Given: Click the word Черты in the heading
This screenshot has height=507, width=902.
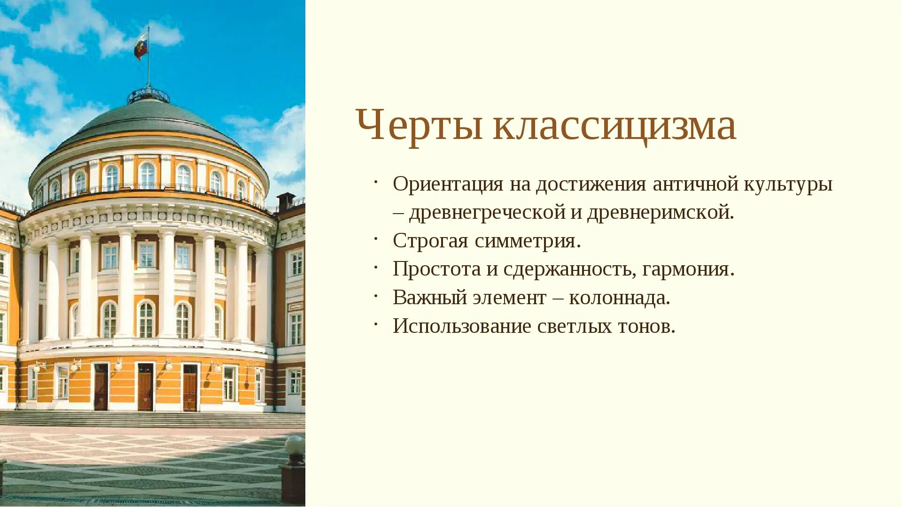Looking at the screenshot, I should pos(419,125).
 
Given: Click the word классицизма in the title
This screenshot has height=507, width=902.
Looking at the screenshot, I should pos(614,125).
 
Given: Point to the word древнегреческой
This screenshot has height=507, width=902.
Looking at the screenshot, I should pos(487,213).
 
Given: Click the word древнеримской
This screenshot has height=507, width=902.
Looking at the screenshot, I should pos(660,213).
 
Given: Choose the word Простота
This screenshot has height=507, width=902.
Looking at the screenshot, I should pos(436,269).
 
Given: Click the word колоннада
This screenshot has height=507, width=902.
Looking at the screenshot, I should pos(619,298).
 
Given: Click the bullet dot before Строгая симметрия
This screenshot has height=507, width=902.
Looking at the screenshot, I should pos(376,239).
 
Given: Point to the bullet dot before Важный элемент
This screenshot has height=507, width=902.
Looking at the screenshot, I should pos(376,296).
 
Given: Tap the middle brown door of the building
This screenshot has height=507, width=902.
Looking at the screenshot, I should pos(145,387).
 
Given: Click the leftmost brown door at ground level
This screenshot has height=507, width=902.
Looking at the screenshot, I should pos(101,387).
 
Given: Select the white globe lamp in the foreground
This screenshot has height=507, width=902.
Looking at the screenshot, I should pos(295,445).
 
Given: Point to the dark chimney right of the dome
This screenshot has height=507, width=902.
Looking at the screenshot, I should pos(285,201).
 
